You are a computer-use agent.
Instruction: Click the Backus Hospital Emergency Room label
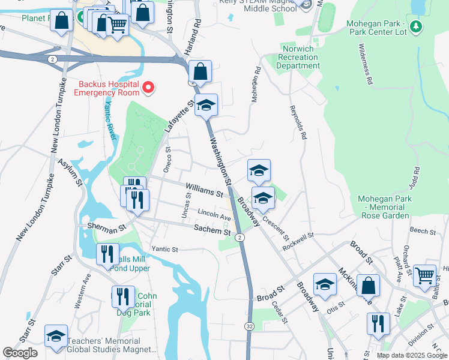click(x=106, y=88)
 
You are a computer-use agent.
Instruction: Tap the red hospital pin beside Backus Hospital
click(x=148, y=88)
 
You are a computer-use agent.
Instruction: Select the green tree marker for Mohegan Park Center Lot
click(x=416, y=27)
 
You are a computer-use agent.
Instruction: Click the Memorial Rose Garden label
click(x=384, y=207)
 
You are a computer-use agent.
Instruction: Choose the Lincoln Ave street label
click(x=214, y=215)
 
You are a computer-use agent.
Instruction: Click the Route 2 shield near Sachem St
click(x=240, y=238)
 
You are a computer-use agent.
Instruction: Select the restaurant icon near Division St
click(x=378, y=323)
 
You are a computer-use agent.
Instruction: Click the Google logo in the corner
click(x=20, y=353)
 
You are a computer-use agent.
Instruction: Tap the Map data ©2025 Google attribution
click(x=412, y=355)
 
